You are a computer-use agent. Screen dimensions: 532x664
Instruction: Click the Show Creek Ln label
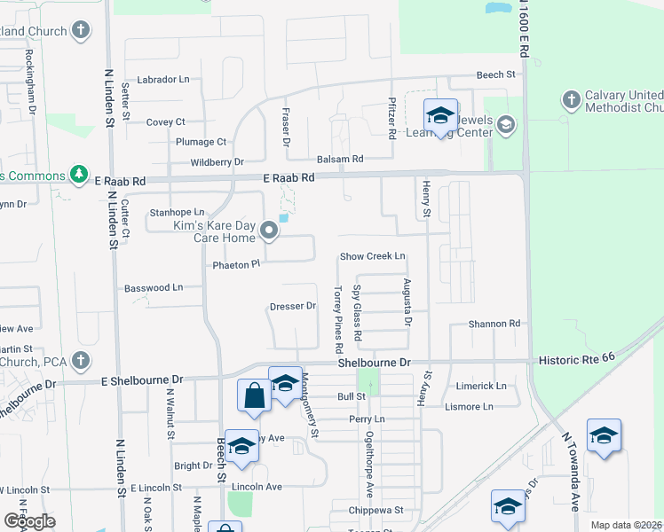(373, 256)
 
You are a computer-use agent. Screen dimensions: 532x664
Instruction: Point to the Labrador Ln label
(165, 79)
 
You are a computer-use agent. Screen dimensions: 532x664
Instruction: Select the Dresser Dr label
(293, 307)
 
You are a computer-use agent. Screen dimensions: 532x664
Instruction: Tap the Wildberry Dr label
(217, 162)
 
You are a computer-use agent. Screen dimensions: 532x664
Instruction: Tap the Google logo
(29, 521)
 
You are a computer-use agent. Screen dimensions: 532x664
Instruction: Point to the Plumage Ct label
(202, 142)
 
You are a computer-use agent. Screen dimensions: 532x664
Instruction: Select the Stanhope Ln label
(178, 213)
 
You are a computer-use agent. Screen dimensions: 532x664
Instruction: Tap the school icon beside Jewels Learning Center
(439, 116)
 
